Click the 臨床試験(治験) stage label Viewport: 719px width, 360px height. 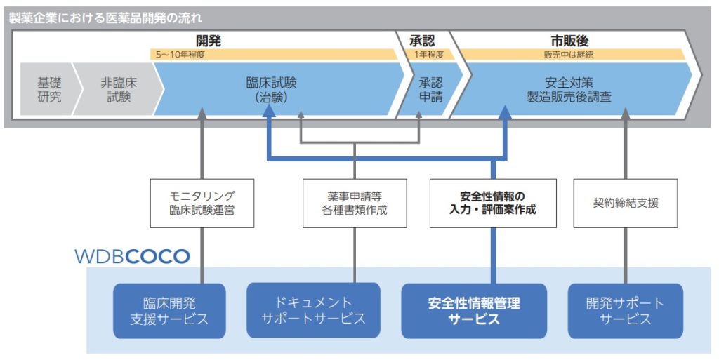(x=271, y=89)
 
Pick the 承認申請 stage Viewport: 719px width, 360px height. (x=430, y=89)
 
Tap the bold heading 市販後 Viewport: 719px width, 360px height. (x=569, y=41)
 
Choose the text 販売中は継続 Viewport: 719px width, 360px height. (x=569, y=54)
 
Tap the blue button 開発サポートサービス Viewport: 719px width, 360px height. (x=625, y=311)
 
